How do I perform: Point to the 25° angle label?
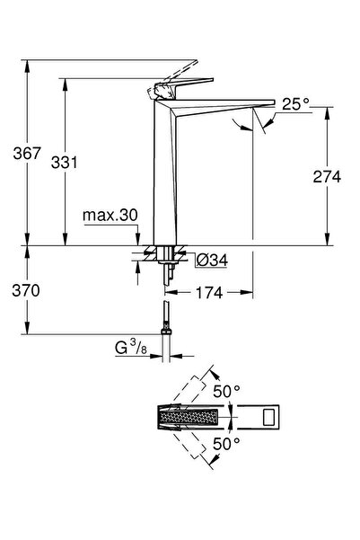click(x=295, y=103)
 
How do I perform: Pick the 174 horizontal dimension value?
click(x=209, y=293)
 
